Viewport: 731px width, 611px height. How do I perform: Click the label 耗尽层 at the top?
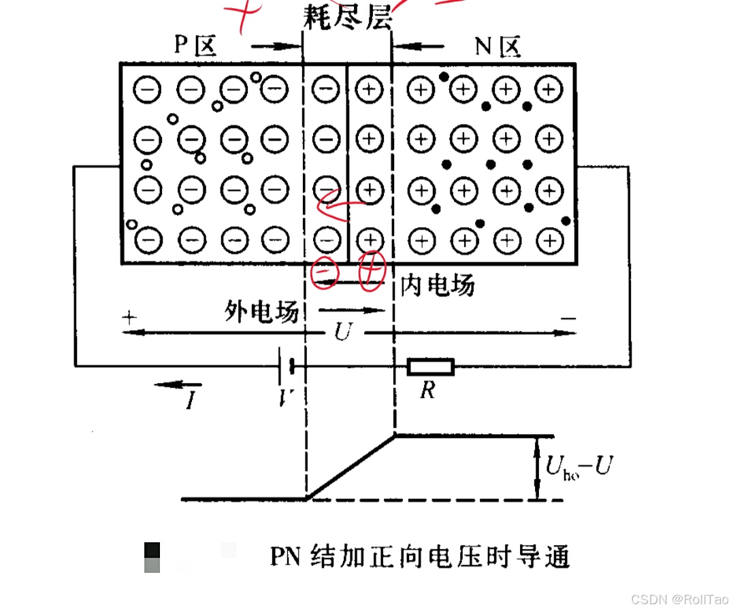coord(348,18)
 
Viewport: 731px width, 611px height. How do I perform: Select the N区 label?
coord(497,46)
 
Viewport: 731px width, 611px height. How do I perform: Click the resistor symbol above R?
coord(430,367)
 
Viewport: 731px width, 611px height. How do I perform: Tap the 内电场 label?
coord(437,285)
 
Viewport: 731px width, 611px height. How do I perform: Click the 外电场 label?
coord(261,312)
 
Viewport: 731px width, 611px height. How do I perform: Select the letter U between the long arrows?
coord(344,333)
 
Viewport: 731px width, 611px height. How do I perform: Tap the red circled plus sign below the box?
coord(372,271)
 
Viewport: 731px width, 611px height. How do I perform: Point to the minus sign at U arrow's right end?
coord(569,318)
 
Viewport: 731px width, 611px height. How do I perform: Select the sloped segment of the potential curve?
coord(351,467)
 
